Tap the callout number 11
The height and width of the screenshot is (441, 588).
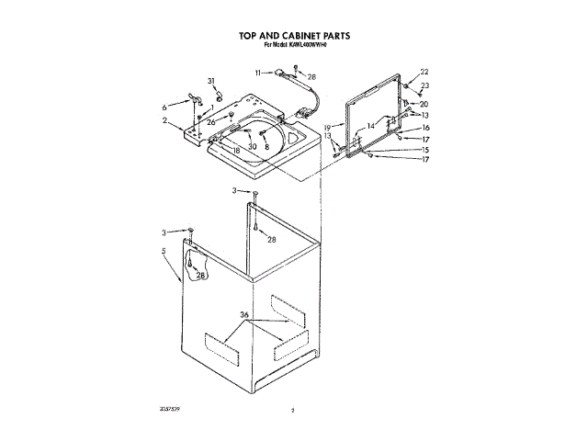point(258,71)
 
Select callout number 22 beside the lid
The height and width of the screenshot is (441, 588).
point(424,72)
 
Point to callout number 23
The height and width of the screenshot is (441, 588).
point(425,86)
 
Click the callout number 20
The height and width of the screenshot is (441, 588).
point(424,104)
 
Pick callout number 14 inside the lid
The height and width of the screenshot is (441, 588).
point(370,124)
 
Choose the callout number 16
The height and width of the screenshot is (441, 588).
point(425,128)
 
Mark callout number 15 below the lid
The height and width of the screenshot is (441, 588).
point(425,149)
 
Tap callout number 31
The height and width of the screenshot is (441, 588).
point(210,82)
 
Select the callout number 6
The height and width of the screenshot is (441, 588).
point(164,106)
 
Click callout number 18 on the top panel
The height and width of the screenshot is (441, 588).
point(235,150)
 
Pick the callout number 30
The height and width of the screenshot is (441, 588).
point(252,146)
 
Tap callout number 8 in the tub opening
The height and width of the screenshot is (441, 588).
point(266,146)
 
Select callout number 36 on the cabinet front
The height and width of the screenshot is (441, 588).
point(244,315)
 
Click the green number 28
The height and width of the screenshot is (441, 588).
point(271,240)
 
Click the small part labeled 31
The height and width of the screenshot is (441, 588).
point(220,96)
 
